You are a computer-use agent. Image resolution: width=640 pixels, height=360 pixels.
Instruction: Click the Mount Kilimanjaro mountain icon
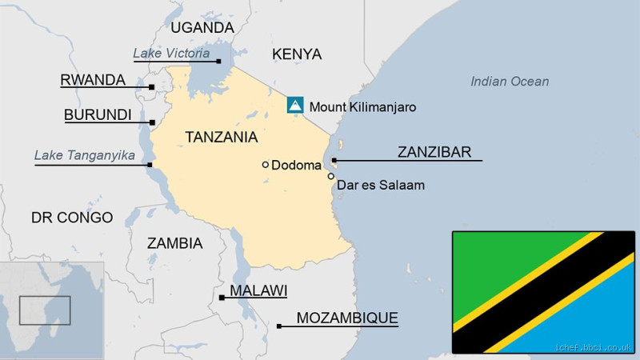295,106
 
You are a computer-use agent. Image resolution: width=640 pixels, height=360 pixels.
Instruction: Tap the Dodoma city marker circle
266,165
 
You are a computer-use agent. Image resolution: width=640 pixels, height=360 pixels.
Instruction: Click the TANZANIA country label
221,137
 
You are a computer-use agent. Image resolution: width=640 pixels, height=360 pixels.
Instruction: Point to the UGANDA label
202,28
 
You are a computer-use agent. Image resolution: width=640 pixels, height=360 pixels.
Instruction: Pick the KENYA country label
296,54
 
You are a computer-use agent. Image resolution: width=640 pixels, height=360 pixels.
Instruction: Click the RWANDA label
93,80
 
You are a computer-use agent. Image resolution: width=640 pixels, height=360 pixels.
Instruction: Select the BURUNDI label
98,115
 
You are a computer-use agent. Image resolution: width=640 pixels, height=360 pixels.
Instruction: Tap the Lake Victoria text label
171,54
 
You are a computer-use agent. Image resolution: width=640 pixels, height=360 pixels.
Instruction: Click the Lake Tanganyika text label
84,155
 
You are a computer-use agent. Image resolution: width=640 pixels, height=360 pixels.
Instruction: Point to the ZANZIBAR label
434,152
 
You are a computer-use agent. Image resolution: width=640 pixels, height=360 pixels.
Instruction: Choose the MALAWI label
258,290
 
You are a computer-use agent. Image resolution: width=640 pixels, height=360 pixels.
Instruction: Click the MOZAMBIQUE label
346,318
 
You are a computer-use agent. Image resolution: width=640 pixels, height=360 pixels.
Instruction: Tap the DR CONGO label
72,218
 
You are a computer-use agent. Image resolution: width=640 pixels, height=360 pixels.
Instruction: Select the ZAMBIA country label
174,243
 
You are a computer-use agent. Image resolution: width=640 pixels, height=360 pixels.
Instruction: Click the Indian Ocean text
510,82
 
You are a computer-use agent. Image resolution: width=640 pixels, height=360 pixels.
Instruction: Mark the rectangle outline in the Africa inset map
45,310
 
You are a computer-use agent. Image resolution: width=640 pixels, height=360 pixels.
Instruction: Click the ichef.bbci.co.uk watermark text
594,348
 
